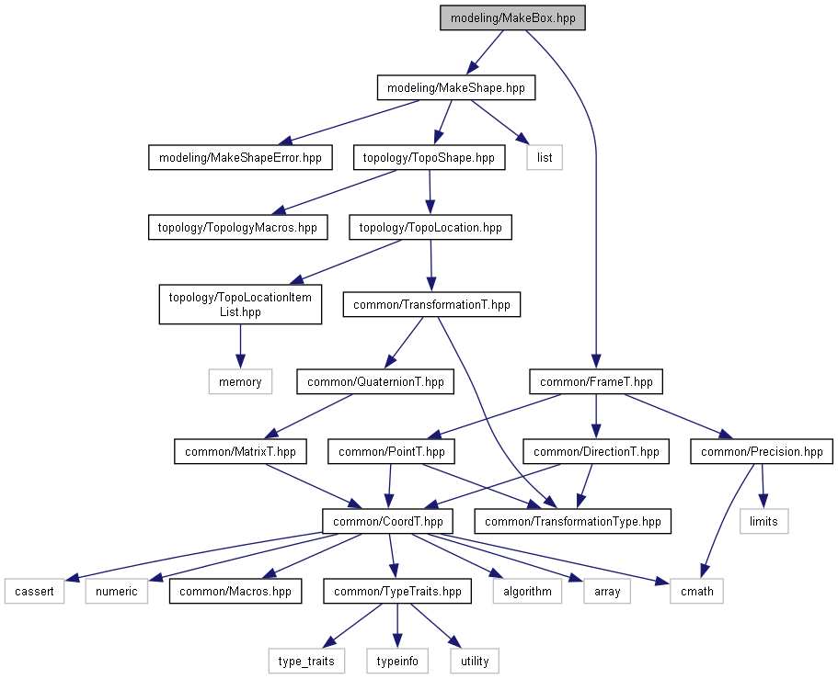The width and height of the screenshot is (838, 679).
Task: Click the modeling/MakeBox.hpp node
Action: (512, 17)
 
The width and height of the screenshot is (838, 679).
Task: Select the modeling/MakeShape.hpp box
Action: (456, 87)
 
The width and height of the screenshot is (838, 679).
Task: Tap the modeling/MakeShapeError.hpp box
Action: (240, 157)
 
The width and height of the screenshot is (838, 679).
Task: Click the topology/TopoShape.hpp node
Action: (430, 157)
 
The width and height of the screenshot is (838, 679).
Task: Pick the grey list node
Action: (545, 157)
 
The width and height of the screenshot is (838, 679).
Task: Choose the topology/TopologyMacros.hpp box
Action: (238, 227)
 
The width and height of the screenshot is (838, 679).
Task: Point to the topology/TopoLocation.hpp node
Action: (430, 227)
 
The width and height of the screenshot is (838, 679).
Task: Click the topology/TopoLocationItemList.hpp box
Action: (240, 304)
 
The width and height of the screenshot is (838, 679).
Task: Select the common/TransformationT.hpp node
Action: (431, 304)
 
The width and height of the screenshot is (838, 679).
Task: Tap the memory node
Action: (240, 381)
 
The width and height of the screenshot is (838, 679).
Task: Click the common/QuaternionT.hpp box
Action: (375, 381)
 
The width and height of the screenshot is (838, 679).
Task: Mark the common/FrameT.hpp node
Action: (596, 381)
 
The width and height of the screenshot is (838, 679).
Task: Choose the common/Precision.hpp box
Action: (762, 452)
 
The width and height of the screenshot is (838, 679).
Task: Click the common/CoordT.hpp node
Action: (387, 522)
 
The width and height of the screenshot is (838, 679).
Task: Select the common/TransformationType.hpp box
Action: (572, 522)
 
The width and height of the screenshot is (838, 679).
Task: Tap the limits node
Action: (763, 522)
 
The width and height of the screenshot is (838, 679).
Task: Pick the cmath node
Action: (697, 592)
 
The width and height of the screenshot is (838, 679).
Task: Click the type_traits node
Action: (306, 662)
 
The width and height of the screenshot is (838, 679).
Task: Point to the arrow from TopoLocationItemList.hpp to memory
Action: (240, 346)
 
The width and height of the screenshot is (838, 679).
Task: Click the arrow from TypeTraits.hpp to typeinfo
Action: (397, 626)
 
